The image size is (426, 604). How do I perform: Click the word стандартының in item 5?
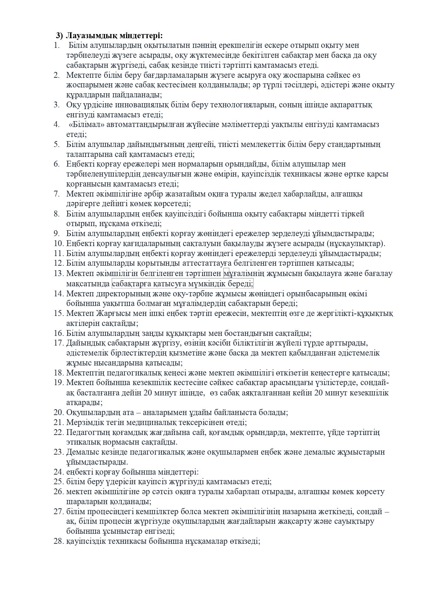pyautogui.click(x=357, y=144)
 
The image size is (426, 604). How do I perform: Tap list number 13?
pyautogui.click(x=59, y=274)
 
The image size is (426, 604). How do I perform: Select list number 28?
pyautogui.click(x=59, y=541)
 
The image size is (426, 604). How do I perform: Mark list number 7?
pyautogui.click(x=57, y=194)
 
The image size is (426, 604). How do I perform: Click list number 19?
pyautogui.click(x=59, y=382)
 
